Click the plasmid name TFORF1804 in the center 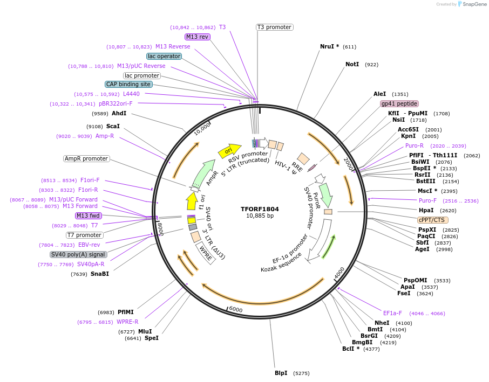point(260,209)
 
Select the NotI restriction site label point(352,64)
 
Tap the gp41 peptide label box point(399,103)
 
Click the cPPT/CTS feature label point(433,220)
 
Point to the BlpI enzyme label point(281,373)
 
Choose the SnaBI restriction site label point(100,274)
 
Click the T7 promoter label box point(85,235)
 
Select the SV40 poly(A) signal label point(78,254)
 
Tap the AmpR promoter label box point(86,158)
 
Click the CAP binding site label point(128,84)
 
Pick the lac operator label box point(164,56)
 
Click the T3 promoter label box point(274,27)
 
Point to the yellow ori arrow point(229,151)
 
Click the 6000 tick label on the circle point(236,309)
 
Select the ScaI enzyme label point(113,126)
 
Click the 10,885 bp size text point(260,216)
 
